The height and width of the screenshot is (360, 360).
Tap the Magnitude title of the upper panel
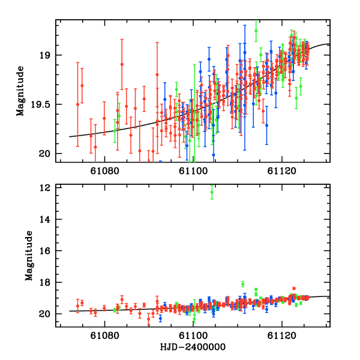[x=20, y=91]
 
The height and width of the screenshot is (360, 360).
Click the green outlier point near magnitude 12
[x=212, y=192]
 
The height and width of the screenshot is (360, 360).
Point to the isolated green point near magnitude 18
[x=243, y=284]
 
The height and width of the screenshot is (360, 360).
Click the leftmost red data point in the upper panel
[x=77, y=104]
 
